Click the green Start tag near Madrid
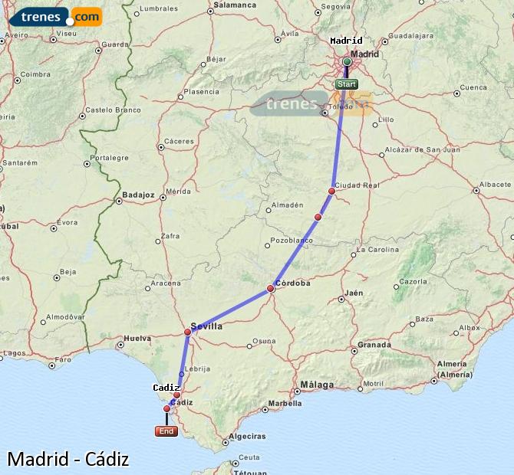click(346, 84)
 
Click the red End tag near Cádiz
click(166, 431)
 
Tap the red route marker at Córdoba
click(270, 289)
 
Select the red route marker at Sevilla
click(187, 332)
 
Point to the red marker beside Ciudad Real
click(332, 191)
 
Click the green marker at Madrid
click(347, 61)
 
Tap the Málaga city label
click(318, 385)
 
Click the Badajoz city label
click(138, 195)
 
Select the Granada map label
click(374, 345)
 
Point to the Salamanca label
click(234, 5)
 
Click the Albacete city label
click(493, 185)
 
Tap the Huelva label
click(137, 338)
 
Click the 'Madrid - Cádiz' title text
click(68, 459)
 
